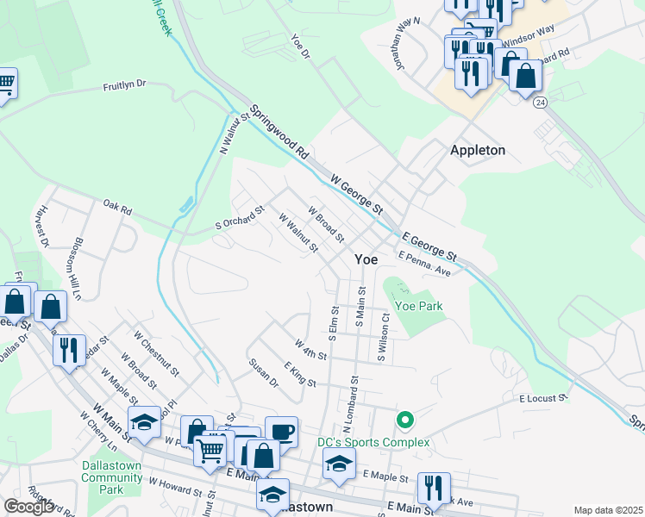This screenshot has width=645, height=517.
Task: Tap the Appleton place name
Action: click(x=477, y=150)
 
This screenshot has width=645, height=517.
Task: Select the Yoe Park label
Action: click(x=418, y=305)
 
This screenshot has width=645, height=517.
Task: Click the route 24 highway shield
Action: click(x=540, y=102)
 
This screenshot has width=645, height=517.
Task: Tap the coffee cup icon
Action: click(x=281, y=431)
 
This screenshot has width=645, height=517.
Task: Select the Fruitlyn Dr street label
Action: click(x=126, y=86)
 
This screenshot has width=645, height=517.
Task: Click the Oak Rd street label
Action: click(x=116, y=209)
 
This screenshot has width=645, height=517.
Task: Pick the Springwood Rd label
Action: click(x=279, y=131)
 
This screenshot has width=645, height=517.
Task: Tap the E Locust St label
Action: click(x=542, y=398)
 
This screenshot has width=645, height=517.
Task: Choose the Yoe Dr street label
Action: click(x=300, y=46)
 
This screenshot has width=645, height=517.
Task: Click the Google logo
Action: click(x=28, y=506)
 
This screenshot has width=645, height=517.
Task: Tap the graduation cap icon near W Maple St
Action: click(x=143, y=422)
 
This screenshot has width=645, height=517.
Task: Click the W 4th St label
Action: click(x=310, y=351)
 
